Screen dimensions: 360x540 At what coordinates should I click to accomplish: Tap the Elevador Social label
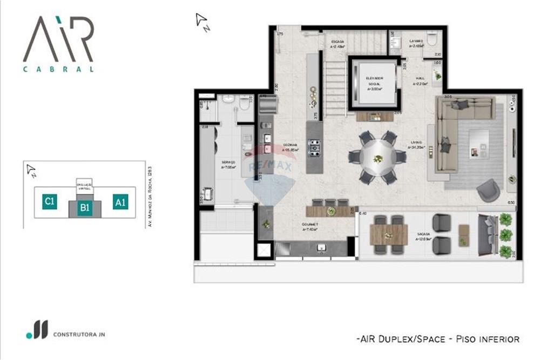click(x=374, y=84)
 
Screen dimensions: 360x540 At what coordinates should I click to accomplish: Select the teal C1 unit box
click(x=49, y=202)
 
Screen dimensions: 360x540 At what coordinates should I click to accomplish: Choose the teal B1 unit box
click(x=84, y=207)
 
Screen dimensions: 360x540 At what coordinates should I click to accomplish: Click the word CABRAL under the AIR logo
click(x=58, y=69)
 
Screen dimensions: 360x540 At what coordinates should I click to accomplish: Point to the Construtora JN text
click(x=79, y=335)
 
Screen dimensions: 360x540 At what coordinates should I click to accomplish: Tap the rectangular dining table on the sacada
click(x=389, y=235)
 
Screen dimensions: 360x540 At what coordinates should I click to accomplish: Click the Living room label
click(x=417, y=145)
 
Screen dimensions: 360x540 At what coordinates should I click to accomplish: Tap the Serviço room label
click(x=227, y=165)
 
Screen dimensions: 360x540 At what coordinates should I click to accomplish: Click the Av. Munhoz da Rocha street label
click(x=153, y=196)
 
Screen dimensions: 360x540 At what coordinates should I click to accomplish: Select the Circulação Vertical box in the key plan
click(x=85, y=186)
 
